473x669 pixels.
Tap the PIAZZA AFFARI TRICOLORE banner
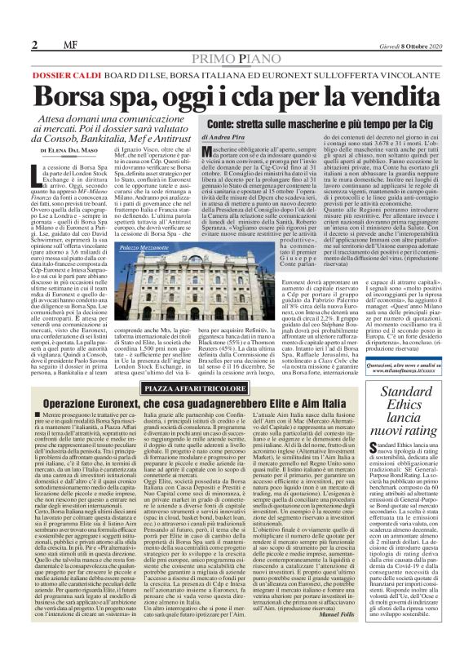point(236,366)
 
